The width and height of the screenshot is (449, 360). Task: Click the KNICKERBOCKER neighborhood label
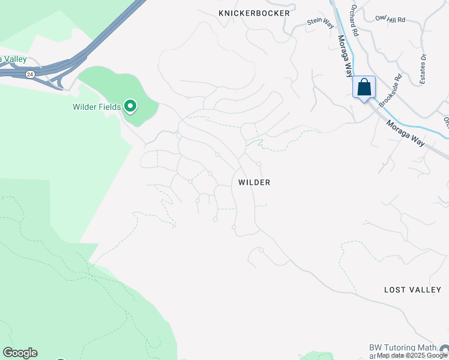[254, 13]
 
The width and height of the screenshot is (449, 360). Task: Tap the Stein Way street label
[320, 22]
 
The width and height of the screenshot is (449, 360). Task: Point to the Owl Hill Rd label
[391, 19]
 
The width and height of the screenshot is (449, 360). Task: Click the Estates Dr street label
[423, 69]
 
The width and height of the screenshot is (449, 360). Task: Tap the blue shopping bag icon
[364, 88]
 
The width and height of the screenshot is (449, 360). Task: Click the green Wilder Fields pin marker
[130, 107]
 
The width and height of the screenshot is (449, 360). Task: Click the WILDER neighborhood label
[254, 182]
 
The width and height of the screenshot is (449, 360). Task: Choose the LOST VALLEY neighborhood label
[412, 290]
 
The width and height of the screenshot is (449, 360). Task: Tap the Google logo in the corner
[20, 353]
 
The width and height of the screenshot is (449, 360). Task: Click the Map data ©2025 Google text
[412, 356]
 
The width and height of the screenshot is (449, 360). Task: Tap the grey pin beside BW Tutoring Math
[444, 350]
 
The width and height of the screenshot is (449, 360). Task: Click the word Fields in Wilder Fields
[111, 107]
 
